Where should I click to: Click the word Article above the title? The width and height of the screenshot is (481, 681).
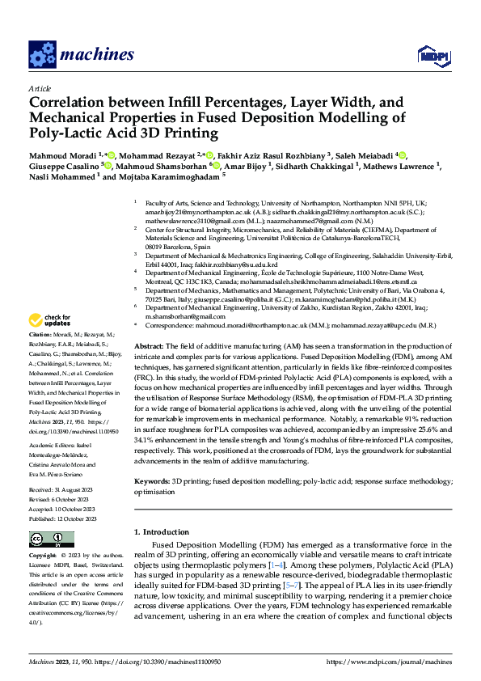tap(40, 88)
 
